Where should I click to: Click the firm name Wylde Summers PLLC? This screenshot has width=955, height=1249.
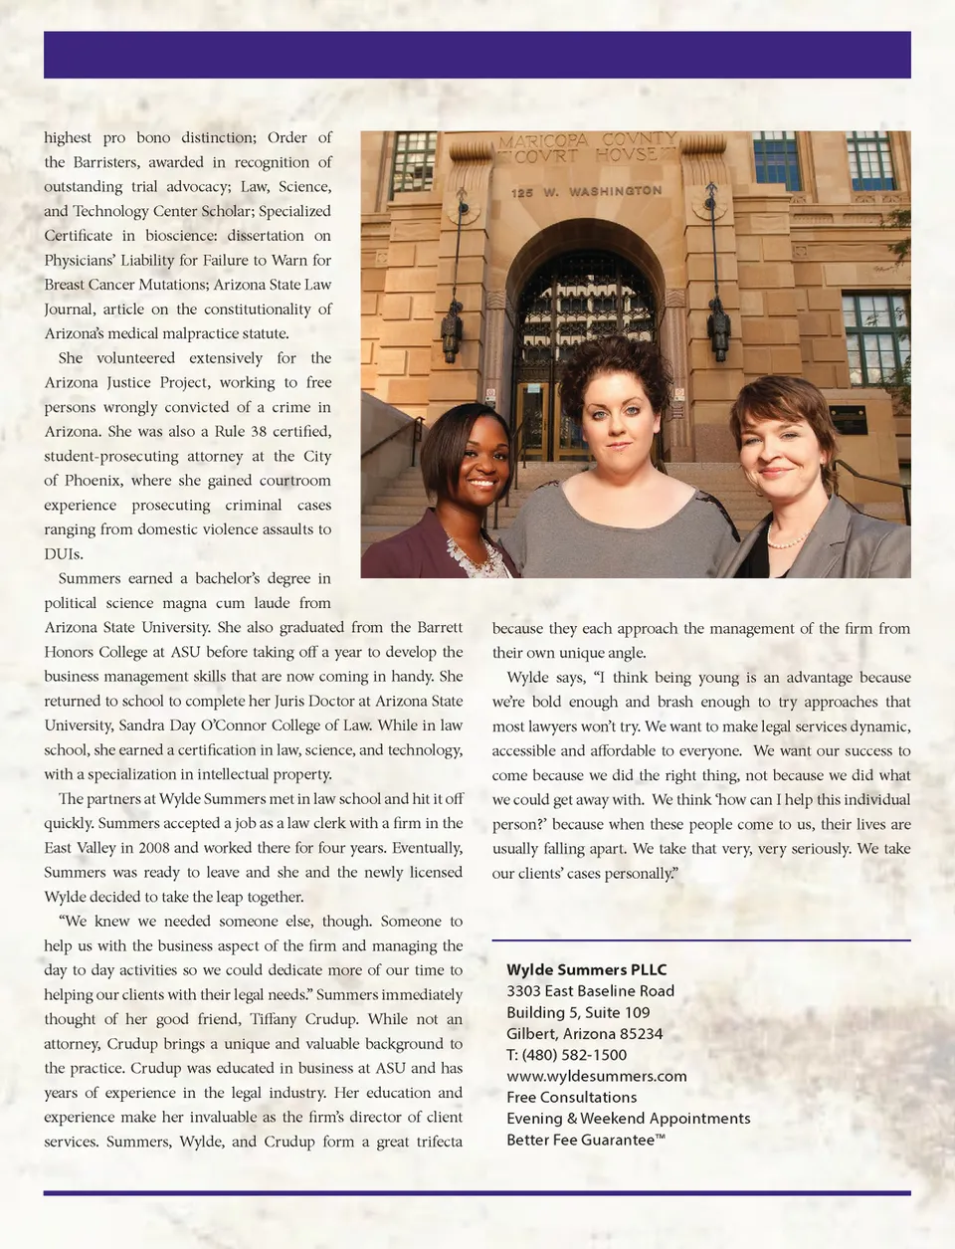586,969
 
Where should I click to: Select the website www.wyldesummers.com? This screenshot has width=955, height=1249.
596,1076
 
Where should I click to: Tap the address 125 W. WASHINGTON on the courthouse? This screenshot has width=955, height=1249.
586,191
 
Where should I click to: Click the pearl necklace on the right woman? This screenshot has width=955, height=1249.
787,540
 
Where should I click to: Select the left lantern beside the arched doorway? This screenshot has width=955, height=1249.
452,328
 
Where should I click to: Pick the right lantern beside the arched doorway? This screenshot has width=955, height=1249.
718,328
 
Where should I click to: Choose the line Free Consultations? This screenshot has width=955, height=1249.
571,1097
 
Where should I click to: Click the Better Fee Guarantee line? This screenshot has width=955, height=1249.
585,1140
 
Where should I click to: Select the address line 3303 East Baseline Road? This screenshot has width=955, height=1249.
590,991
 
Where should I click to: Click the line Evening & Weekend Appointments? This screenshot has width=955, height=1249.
628,1119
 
